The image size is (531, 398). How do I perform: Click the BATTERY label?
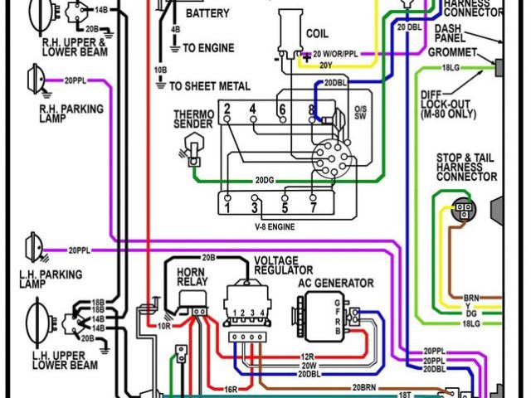tap(208, 14)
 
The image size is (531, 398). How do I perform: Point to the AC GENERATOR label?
tap(336, 283)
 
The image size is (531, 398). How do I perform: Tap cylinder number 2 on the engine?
tap(226, 109)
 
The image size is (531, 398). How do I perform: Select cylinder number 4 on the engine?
tap(252, 109)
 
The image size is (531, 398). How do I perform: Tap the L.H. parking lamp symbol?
tap(33, 246)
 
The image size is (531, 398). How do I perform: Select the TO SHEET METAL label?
tap(210, 85)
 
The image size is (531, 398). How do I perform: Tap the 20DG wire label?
tap(265, 180)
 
